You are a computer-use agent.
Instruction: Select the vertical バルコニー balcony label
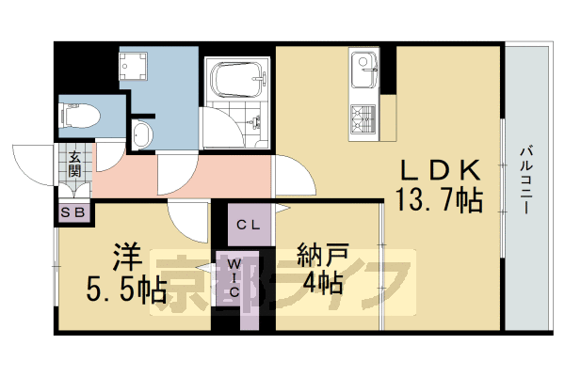(525, 179)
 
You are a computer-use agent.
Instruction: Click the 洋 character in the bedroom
(127, 255)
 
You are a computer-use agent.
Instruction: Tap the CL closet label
(249, 225)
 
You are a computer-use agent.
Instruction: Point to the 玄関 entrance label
(74, 165)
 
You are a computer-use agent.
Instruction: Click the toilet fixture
(79, 116)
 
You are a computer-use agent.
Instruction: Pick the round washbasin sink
(140, 133)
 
